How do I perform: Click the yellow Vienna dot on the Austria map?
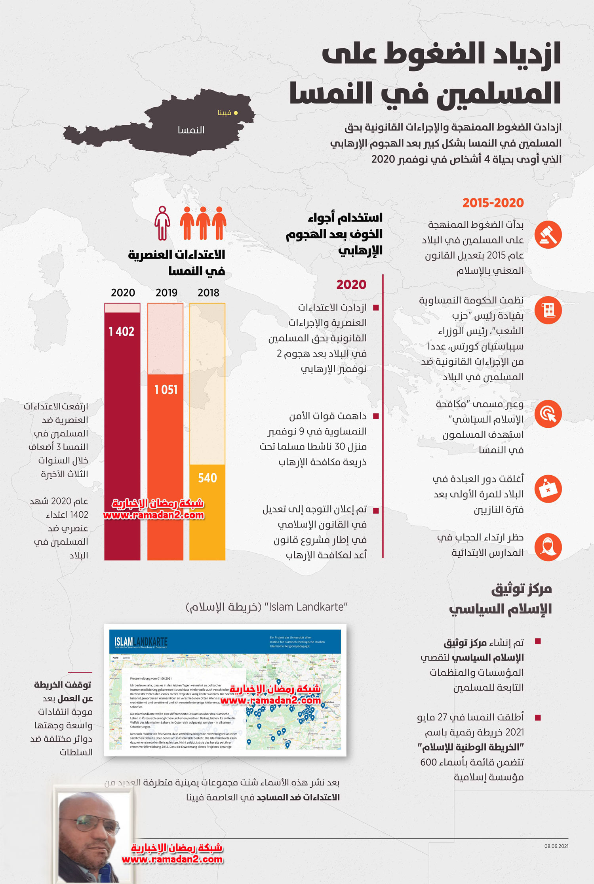pyautogui.click(x=236, y=113)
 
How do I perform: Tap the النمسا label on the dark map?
pyautogui.click(x=191, y=130)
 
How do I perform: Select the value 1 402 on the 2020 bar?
pyautogui.click(x=122, y=331)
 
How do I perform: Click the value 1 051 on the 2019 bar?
pyautogui.click(x=166, y=390)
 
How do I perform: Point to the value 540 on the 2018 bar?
pyautogui.click(x=208, y=478)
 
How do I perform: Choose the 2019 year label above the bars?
pyautogui.click(x=166, y=293)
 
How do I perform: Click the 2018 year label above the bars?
pyautogui.click(x=208, y=293)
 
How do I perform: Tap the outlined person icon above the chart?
pyautogui.click(x=162, y=223)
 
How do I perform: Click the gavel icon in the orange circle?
pyautogui.click(x=548, y=235)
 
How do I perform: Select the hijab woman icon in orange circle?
pyautogui.click(x=548, y=547)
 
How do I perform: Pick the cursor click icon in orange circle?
pyautogui.click(x=548, y=414)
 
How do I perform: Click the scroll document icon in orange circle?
pyautogui.click(x=548, y=310)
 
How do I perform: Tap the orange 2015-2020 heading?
pyautogui.click(x=493, y=203)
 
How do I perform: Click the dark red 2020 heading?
pyautogui.click(x=351, y=284)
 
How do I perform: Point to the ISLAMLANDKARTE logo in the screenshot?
pyautogui.click(x=141, y=642)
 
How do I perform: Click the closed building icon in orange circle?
pyautogui.click(x=548, y=489)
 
